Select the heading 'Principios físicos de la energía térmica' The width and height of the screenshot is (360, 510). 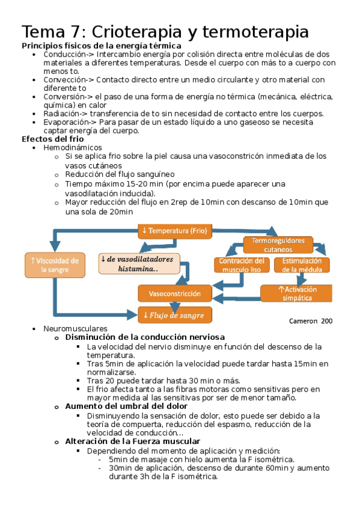[x=101, y=46]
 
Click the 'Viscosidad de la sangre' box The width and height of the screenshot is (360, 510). [x=54, y=265]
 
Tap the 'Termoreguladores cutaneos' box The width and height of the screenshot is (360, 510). [x=278, y=245]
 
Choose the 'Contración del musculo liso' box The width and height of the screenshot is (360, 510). [x=241, y=265]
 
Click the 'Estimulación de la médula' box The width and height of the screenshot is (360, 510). [x=302, y=265]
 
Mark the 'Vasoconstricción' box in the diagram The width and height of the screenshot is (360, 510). [x=175, y=293]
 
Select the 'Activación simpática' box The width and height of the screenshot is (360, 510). [x=296, y=293]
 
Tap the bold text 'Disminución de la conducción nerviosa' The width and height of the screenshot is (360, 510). [x=145, y=337]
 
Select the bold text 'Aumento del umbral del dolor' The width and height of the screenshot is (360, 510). [x=126, y=406]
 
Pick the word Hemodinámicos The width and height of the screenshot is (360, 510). [x=73, y=147]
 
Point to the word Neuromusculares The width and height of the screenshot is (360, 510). [x=75, y=329]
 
